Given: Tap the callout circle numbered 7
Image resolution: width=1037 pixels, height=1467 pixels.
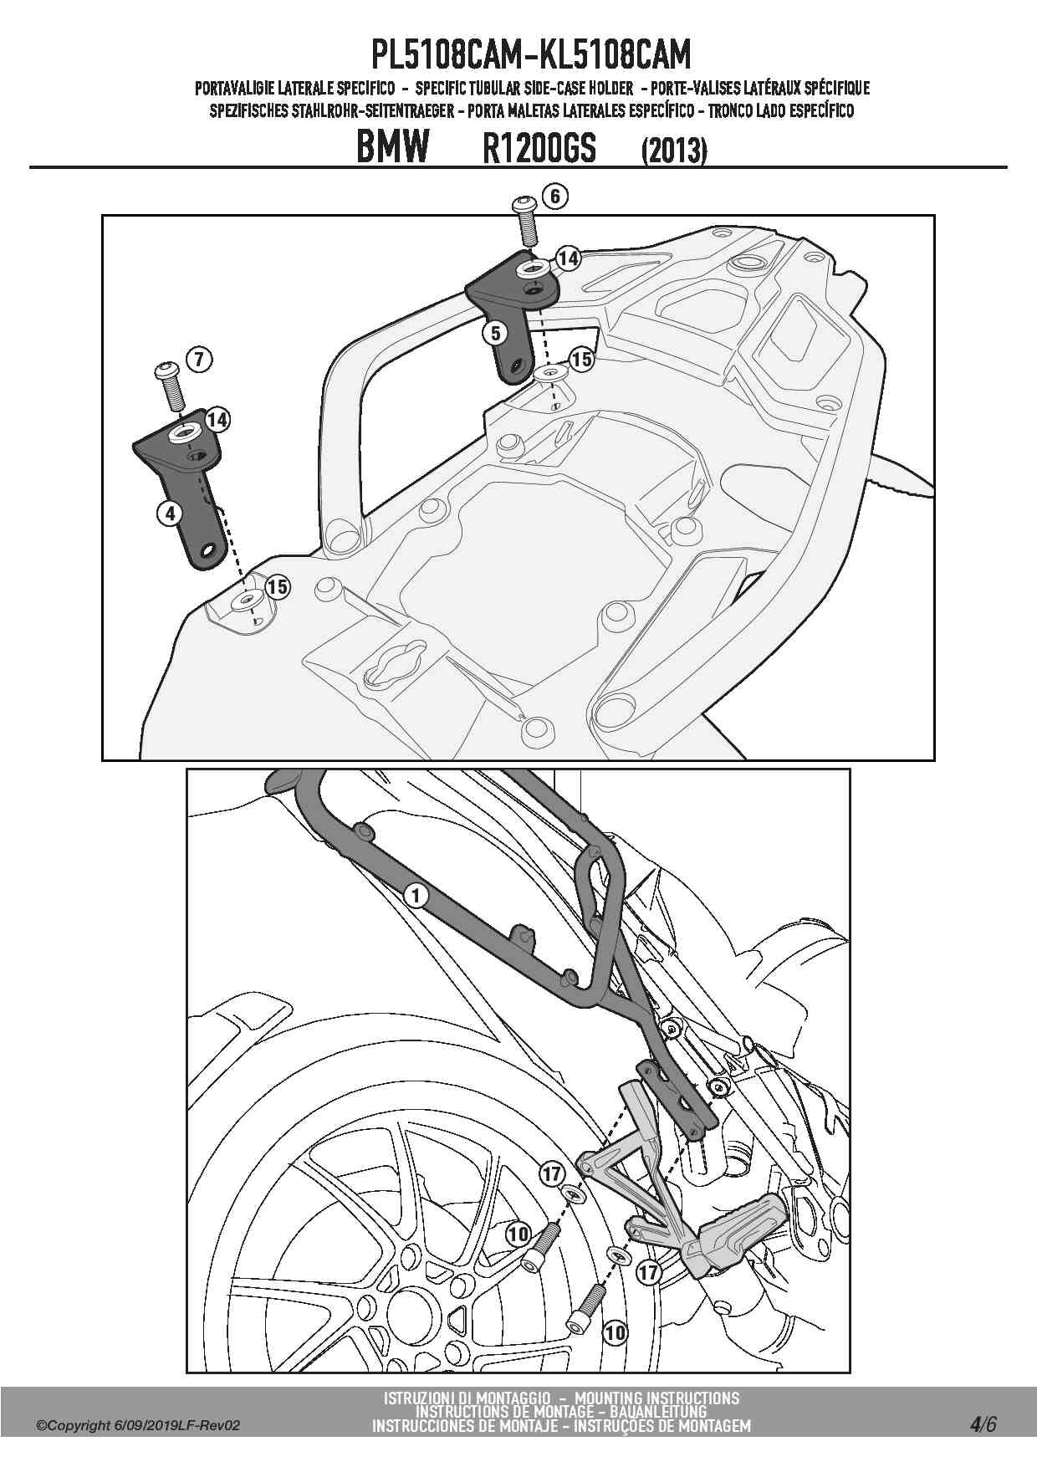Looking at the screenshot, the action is [198, 360].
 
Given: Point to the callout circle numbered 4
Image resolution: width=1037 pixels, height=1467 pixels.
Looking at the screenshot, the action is [170, 513].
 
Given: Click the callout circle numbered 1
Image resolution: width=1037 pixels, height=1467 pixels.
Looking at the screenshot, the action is [416, 896].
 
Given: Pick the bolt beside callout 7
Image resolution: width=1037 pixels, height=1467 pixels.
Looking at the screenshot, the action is [170, 386].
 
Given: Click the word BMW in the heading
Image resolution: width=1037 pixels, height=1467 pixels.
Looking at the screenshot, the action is [392, 147].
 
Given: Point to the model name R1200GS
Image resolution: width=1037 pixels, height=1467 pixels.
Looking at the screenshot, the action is [539, 149].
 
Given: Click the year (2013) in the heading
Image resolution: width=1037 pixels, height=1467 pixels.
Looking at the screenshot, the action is [674, 151].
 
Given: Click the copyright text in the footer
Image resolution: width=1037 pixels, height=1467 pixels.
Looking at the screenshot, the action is [139, 1426].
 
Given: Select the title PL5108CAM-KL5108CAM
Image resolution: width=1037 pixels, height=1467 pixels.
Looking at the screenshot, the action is [532, 55].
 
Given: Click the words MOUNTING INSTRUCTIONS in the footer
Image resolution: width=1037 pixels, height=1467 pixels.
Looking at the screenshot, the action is [657, 1398].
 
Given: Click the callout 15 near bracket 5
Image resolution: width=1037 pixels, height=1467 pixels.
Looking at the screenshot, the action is [580, 360].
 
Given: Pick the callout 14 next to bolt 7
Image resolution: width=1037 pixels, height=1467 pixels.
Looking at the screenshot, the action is [217, 419].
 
